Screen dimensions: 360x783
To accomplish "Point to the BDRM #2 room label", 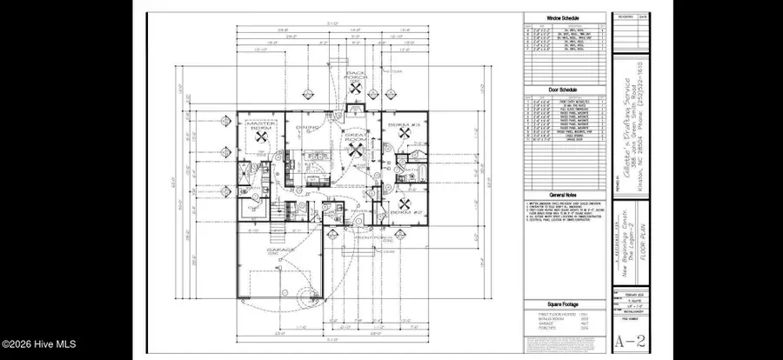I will (400, 212).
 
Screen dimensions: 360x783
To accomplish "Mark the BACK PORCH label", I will (356, 76).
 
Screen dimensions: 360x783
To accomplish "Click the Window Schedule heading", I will (565, 17).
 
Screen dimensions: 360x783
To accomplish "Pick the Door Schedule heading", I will (565, 90).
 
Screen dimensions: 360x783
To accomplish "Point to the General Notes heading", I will (565, 196).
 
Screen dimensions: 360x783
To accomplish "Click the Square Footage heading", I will (565, 303).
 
